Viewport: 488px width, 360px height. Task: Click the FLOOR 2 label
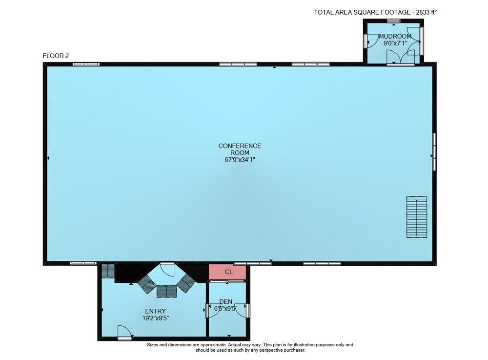pos(56,56)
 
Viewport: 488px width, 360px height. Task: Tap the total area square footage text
pos(375,13)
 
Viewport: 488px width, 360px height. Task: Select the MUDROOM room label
pos(395,37)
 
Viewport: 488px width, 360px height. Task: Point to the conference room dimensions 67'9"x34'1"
pos(240,160)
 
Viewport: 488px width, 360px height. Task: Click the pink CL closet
pos(227,272)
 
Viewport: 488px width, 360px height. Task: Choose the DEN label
pos(225,301)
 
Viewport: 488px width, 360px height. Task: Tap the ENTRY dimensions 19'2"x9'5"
pos(155,318)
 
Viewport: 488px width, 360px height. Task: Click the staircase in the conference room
pos(417,217)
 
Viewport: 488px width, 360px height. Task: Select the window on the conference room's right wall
pos(434,151)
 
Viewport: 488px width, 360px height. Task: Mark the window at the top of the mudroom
pos(394,21)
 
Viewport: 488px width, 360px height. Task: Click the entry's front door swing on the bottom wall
pos(124,332)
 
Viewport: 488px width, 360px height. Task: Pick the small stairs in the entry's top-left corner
pos(109,271)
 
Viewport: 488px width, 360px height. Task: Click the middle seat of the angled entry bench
pos(167,291)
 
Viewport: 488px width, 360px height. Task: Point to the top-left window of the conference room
pos(86,64)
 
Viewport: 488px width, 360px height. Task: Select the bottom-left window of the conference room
pos(83,263)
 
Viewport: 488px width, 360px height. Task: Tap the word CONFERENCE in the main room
pos(240,146)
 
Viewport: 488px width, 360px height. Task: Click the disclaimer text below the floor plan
pos(250,347)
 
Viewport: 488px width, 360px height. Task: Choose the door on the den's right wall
pos(243,310)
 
